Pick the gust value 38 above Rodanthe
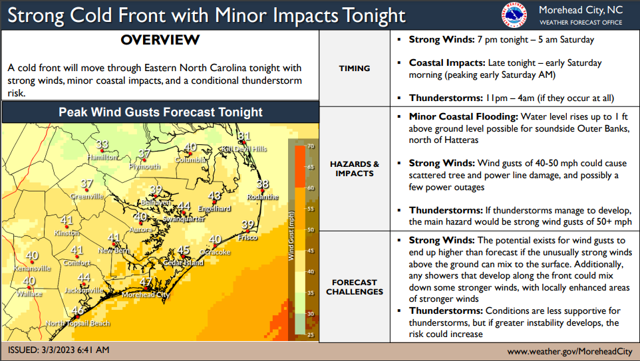[263, 184]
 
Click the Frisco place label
[247, 237]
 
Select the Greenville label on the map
[88, 197]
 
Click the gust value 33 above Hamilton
[102, 145]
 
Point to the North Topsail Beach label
[78, 323]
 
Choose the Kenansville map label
[32, 269]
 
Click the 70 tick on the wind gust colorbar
[310, 146]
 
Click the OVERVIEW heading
[160, 40]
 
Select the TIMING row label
[354, 68]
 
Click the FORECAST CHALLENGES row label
[354, 287]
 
